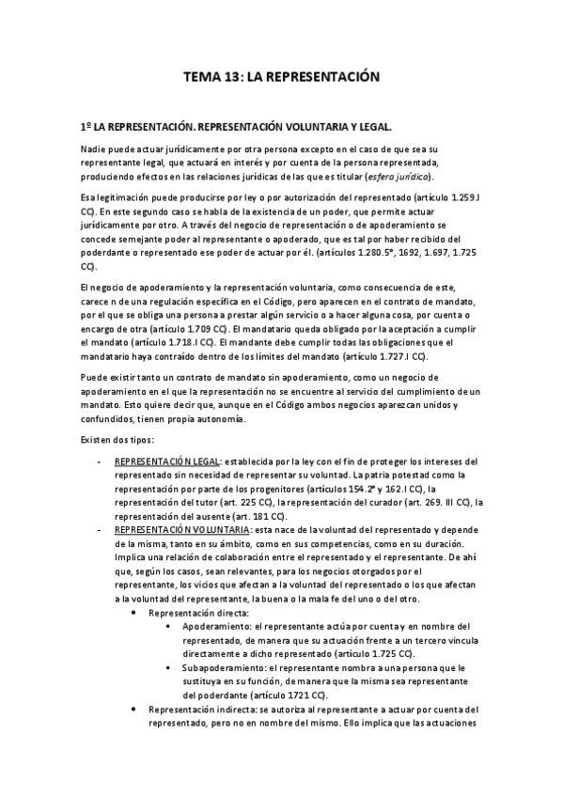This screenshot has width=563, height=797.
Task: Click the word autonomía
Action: pyautogui.click(x=223, y=419)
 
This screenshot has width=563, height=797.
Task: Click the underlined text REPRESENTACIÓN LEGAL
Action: pyautogui.click(x=166, y=462)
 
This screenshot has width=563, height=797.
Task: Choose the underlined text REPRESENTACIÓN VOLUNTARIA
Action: pyautogui.click(x=176, y=530)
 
